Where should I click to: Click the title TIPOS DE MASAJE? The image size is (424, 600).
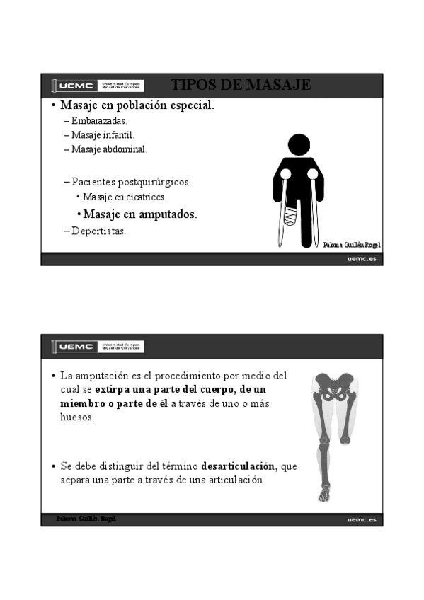pos(241,86)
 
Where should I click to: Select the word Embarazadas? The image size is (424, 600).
pos(99,121)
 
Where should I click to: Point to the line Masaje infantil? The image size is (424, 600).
pos(103,134)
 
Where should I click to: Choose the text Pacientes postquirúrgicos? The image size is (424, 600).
pos(131,182)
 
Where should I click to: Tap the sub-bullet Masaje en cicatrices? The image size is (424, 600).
pos(124,197)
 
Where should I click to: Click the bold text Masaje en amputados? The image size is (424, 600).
pos(139,214)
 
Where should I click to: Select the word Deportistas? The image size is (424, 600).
pos(98,231)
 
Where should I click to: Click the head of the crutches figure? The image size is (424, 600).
pos(299,146)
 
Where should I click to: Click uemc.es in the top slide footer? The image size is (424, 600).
pos(361,260)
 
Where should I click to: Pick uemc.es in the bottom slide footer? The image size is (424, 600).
pos(361,520)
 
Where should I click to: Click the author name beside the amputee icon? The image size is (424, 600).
pos(352,245)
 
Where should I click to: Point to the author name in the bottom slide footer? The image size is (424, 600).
pos(86,519)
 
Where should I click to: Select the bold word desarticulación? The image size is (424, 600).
pos(239,466)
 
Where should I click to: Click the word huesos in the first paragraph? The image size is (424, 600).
pos(76,417)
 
